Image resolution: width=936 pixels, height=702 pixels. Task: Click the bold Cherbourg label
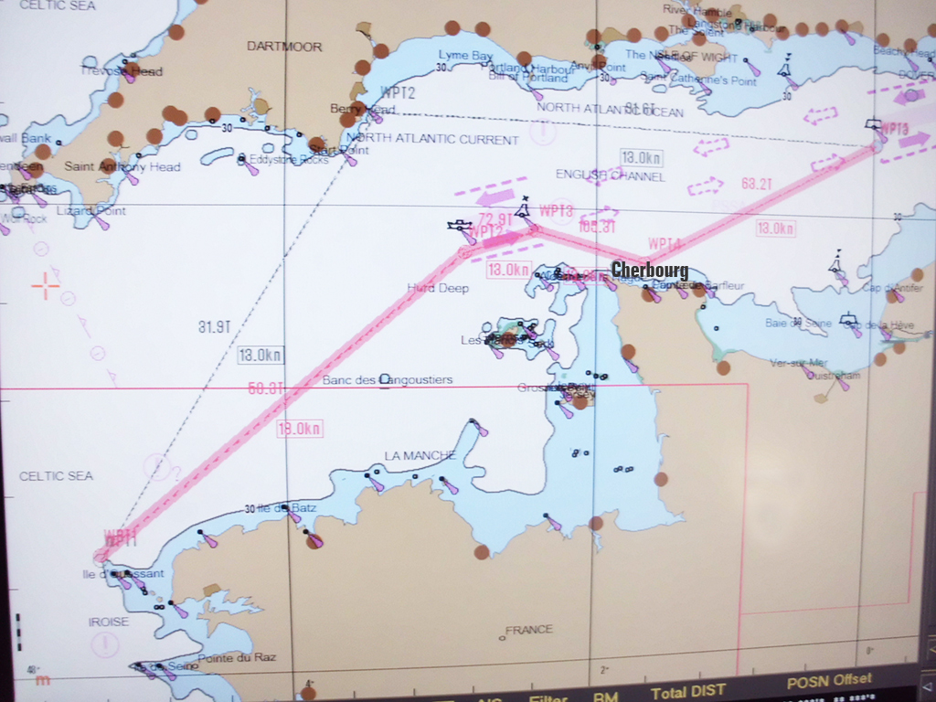click(649, 270)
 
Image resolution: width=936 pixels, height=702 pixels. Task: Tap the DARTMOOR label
click(284, 47)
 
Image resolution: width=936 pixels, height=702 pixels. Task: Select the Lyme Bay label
click(465, 56)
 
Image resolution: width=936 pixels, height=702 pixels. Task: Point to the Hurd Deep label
click(438, 289)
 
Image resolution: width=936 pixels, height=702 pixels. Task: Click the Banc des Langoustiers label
click(388, 380)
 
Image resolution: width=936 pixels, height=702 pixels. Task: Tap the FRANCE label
click(529, 630)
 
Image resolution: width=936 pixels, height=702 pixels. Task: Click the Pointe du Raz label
click(237, 658)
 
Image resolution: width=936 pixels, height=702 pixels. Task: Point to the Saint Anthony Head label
click(122, 167)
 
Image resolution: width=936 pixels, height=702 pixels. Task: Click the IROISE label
click(109, 622)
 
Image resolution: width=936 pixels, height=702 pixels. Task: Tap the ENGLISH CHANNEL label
click(610, 175)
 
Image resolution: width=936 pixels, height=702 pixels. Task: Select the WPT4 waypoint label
click(665, 244)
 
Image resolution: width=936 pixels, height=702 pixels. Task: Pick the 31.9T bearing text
click(214, 326)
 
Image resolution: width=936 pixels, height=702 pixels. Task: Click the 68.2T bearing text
click(757, 184)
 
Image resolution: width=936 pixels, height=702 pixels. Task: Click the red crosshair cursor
click(46, 285)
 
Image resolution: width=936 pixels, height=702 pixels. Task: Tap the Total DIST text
click(688, 692)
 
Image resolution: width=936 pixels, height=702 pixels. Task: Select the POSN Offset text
click(829, 681)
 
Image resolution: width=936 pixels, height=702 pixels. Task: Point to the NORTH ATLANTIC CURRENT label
click(432, 140)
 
